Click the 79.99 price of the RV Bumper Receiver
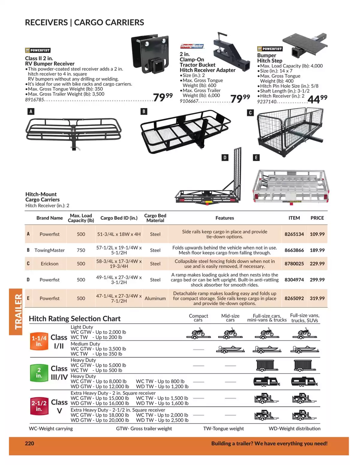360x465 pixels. coord(163,97)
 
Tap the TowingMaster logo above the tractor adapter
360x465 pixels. coord(192,46)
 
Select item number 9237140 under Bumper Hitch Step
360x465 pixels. coord(267,101)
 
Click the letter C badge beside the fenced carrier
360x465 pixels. coord(250,113)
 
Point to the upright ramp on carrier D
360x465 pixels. coord(237,173)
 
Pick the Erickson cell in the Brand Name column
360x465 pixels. coord(49,264)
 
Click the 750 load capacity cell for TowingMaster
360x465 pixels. coord(81,250)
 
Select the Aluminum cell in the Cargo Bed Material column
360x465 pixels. coord(155,298)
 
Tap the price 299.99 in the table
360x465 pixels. coord(317,280)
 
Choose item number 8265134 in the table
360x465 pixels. coord(294,234)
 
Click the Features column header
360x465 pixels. coord(225,218)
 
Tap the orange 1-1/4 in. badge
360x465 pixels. coord(39,341)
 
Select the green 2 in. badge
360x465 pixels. coord(39,373)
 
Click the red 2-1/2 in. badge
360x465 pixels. coord(39,406)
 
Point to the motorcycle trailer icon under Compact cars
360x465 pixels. coord(198,334)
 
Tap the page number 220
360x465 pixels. coord(29,443)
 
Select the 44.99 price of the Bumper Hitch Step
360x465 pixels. coord(317,99)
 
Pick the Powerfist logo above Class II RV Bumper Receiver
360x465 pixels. coord(37,50)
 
